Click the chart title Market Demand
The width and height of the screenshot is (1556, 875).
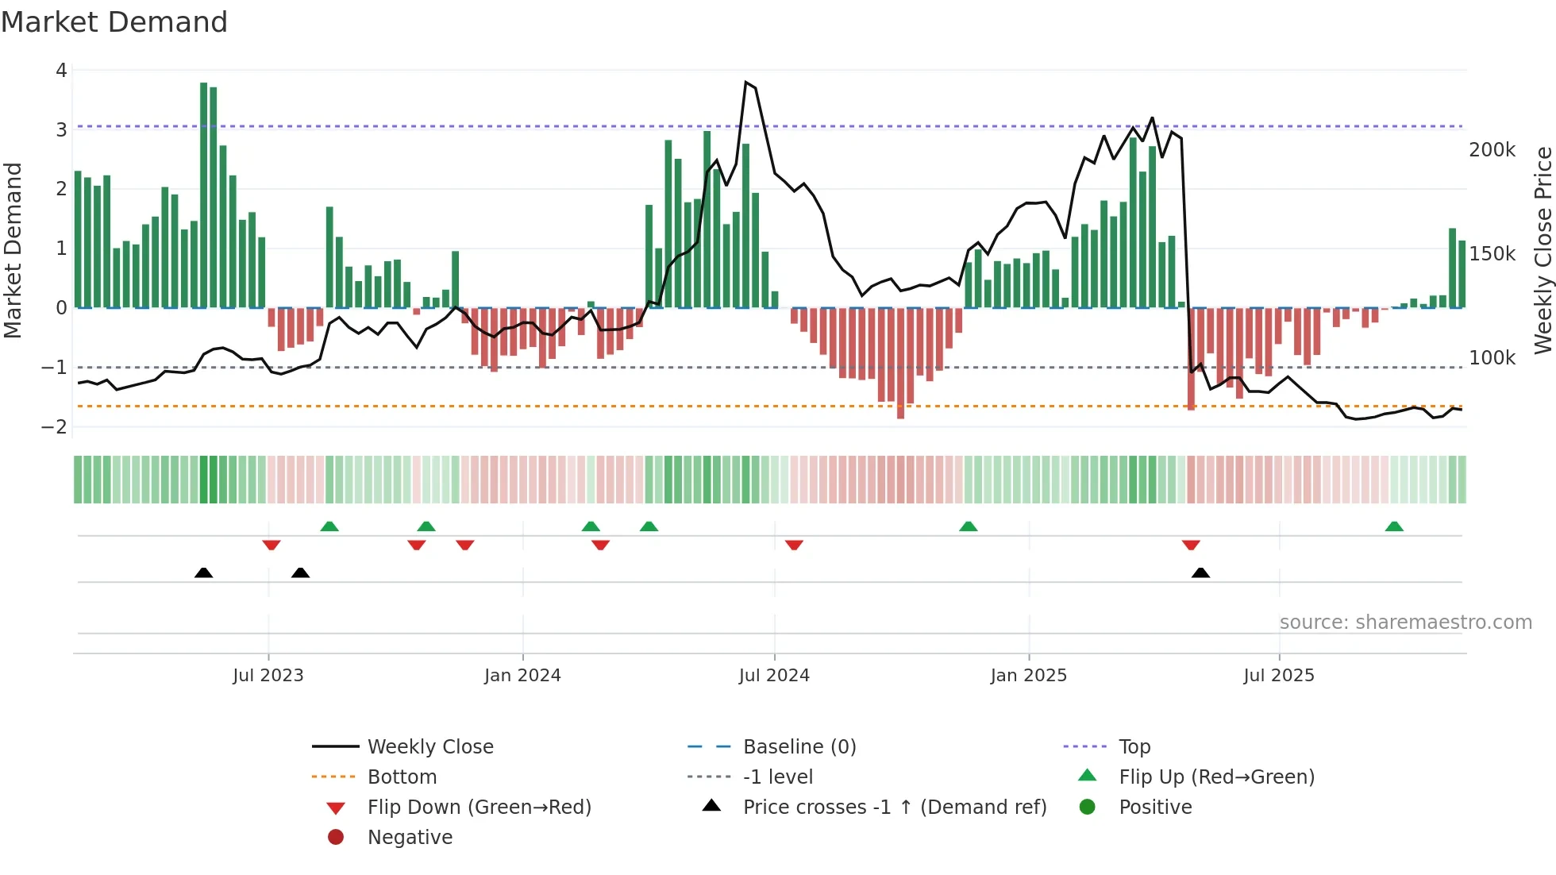[x=114, y=22]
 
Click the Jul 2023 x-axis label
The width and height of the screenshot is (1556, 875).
[x=268, y=676]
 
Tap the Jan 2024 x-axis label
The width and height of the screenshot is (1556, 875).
[x=522, y=676]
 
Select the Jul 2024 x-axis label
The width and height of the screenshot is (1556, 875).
[x=774, y=676]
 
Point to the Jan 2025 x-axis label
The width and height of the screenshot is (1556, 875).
[x=1029, y=676]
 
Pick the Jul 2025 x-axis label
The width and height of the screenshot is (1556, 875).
[x=1279, y=676]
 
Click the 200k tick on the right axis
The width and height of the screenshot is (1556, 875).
[x=1492, y=150]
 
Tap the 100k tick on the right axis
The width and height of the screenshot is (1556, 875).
[x=1492, y=358]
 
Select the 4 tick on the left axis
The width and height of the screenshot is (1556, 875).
[x=61, y=71]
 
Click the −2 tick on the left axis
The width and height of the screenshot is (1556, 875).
[x=55, y=427]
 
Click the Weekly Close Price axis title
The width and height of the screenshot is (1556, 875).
[x=1543, y=250]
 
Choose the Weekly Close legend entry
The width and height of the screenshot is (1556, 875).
[x=429, y=747]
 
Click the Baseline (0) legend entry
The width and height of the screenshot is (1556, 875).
[x=799, y=747]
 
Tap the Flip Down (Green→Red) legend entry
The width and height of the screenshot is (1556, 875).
[x=479, y=808]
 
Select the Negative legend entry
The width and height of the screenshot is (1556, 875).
[x=410, y=838]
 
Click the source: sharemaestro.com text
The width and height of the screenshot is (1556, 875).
[x=1405, y=623]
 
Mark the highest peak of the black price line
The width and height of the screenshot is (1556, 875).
[x=746, y=82]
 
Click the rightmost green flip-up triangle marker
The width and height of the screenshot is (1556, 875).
[x=1394, y=526]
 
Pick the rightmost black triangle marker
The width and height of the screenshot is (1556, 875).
[x=1200, y=573]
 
